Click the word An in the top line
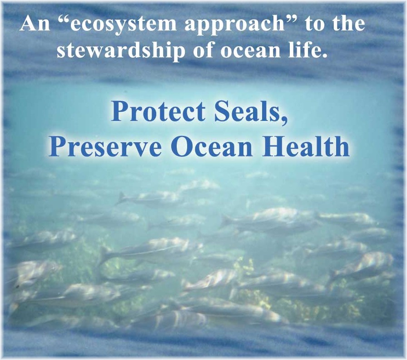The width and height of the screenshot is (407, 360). [x=35, y=24]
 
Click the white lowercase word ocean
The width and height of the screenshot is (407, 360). [x=250, y=51]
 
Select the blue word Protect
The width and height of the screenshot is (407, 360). [x=159, y=111]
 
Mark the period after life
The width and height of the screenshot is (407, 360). [x=324, y=55]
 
